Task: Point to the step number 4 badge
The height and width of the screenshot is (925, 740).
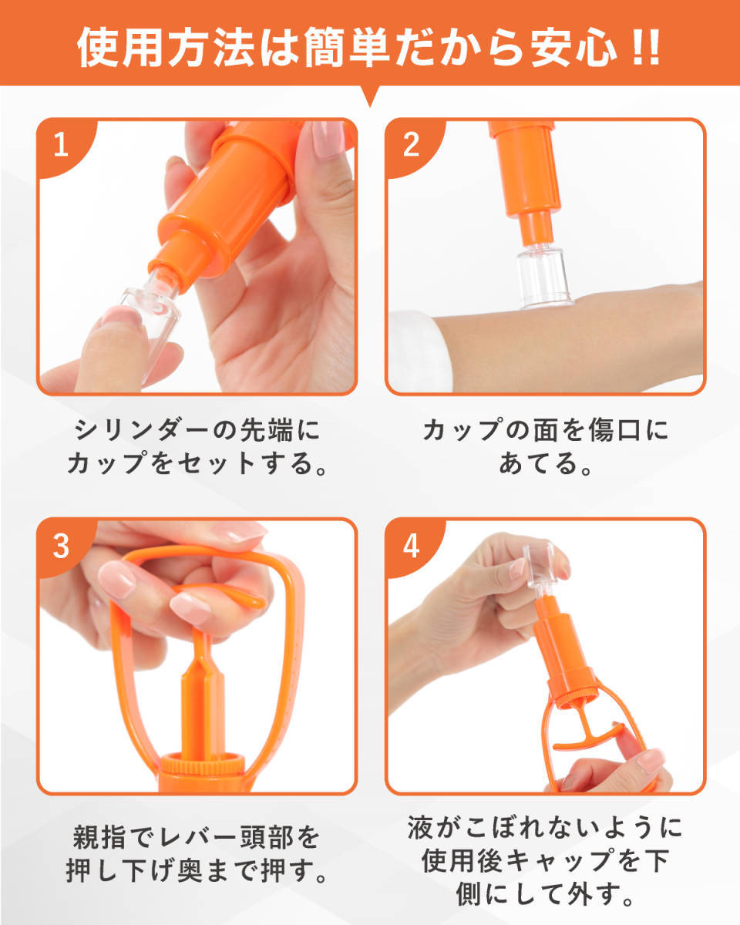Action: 412,547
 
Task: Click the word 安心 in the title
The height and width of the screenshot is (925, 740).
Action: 573,47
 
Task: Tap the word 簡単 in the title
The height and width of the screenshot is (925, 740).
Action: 347,47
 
